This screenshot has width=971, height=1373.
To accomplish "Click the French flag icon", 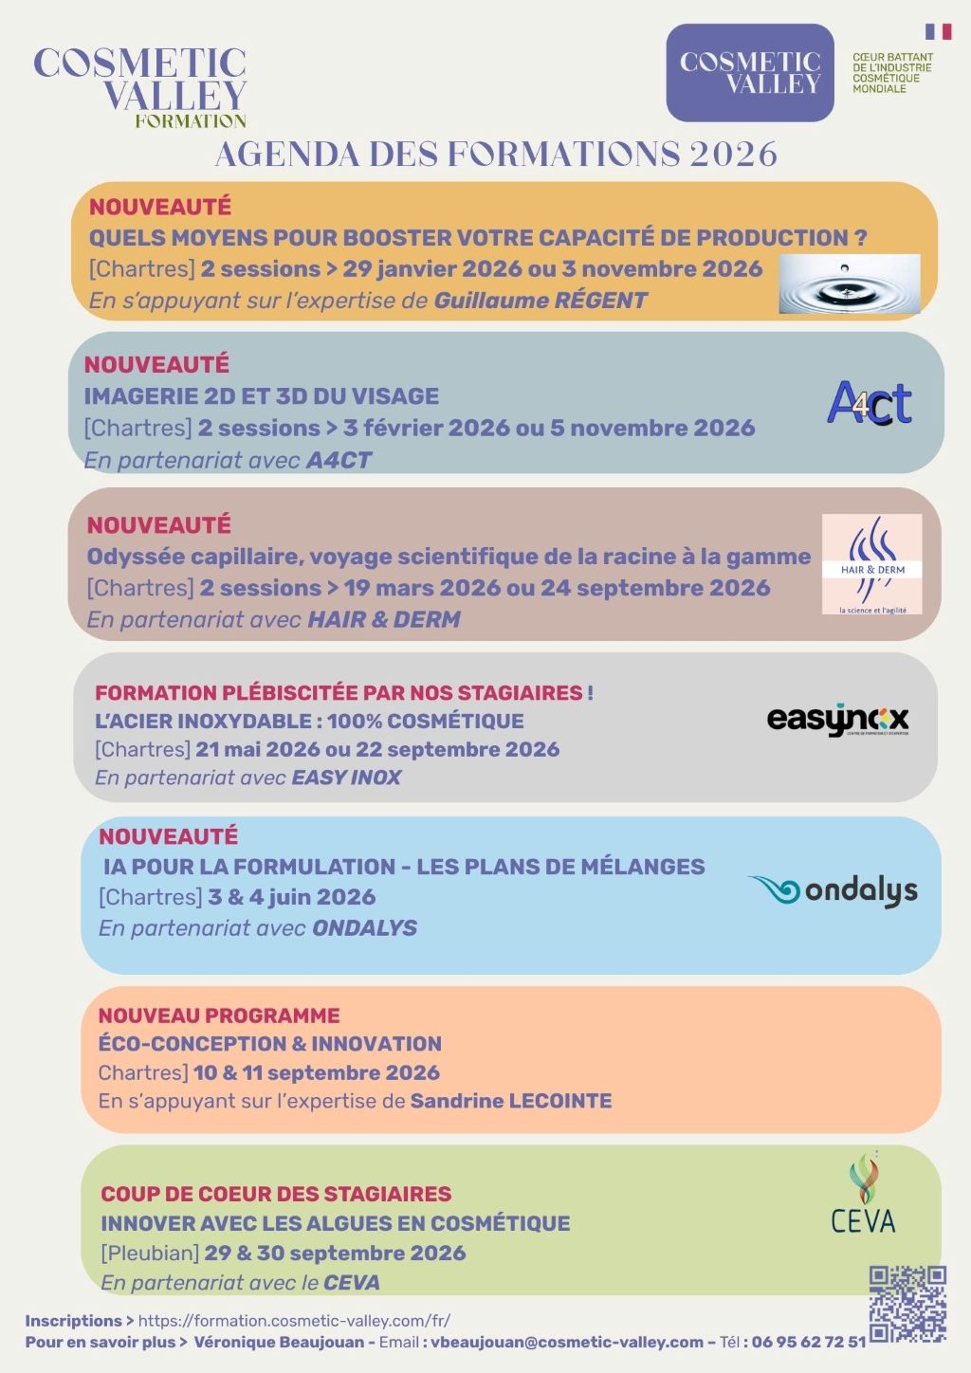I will tap(938, 31).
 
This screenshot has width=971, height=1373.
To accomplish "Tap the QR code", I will tap(907, 1303).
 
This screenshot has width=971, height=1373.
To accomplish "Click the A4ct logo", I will tap(870, 404).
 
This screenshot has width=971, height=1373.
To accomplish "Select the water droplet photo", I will tap(849, 284).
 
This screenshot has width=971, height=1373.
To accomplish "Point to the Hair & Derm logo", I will tap(871, 564).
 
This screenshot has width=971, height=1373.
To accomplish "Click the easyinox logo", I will tap(837, 721).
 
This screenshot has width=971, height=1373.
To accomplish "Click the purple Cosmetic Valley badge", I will tap(749, 73).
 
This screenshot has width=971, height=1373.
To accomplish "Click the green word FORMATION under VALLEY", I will tap(191, 121).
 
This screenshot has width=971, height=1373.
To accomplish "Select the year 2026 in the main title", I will tap(733, 155).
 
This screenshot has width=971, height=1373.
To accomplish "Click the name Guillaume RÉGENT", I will tap(540, 301).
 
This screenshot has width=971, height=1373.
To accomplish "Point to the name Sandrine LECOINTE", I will tap(510, 1101).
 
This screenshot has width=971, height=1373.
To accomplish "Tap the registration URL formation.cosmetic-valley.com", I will tap(294, 1321).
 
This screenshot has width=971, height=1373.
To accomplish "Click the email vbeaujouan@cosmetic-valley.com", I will tap(566, 1342).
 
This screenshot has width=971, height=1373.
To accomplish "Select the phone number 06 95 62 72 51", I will tap(808, 1342).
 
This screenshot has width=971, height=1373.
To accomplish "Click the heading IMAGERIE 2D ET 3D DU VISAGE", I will tap(262, 396).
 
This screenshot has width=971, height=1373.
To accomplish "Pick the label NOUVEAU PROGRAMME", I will tap(219, 1016).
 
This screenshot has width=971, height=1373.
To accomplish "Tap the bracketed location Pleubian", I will tap(150, 1253).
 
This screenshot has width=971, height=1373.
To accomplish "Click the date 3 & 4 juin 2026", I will tap(291, 897).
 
